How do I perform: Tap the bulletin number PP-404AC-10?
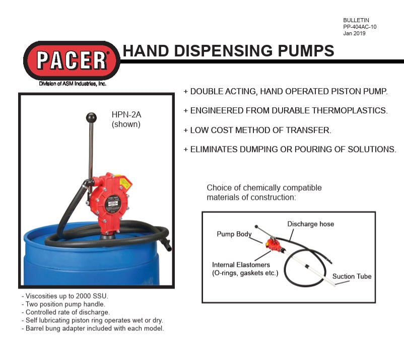[359, 27]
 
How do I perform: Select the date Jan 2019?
[354, 34]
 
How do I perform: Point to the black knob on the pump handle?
[91, 118]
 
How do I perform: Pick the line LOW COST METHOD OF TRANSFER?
[257, 130]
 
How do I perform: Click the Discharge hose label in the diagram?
[310, 224]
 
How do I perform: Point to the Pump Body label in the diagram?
[234, 234]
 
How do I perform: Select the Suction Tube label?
[352, 276]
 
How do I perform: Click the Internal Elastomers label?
[241, 265]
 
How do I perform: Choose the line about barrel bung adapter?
[93, 329]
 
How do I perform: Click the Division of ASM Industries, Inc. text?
[73, 84]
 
